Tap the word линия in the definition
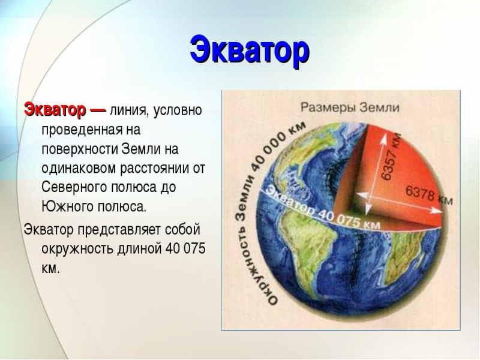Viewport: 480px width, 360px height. (x=130, y=112)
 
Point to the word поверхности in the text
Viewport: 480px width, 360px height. (x=79, y=149)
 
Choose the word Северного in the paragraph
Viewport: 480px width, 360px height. (x=73, y=187)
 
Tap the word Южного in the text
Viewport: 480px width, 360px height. (x=62, y=206)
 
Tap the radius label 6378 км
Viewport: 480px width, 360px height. (x=429, y=196)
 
